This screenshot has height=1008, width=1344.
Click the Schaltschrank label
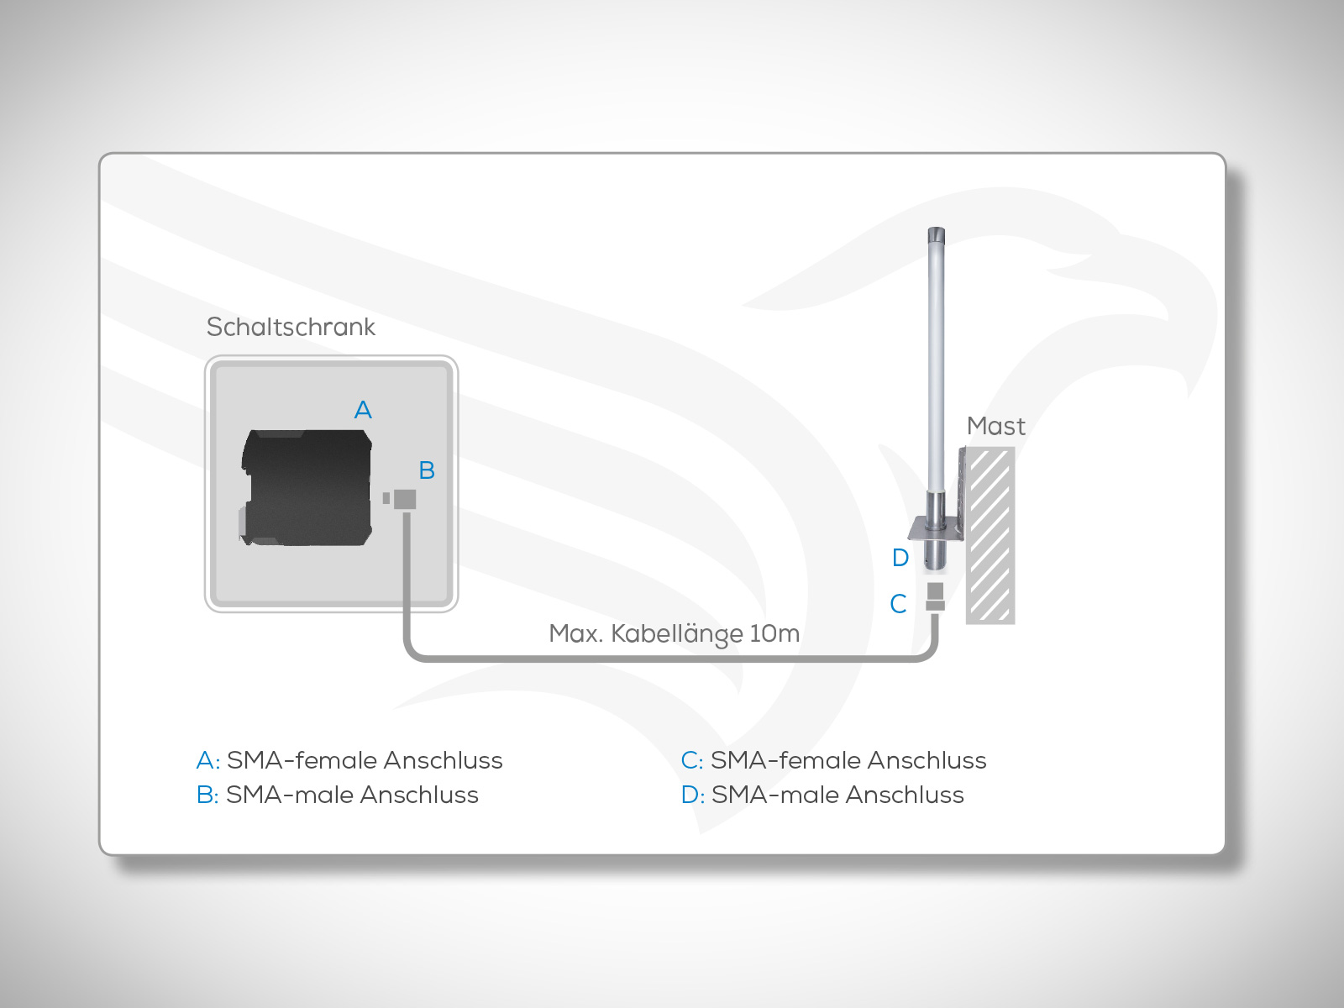[291, 327]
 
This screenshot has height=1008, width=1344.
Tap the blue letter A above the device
[363, 410]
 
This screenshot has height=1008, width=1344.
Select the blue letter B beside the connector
[427, 470]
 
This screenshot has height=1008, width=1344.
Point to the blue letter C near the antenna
[898, 604]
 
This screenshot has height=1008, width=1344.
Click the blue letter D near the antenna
[900, 558]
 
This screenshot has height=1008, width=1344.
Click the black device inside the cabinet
[307, 488]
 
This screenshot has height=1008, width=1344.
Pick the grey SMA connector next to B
[404, 499]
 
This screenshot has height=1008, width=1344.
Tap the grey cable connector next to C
[935, 597]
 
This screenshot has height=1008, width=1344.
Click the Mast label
[995, 427]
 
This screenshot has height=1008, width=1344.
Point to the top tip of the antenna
[936, 232]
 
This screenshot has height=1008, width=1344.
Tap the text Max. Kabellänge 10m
[674, 633]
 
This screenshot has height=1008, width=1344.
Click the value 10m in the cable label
[774, 633]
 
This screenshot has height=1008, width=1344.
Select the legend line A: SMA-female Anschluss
[349, 760]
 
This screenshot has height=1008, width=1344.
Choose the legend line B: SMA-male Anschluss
[338, 795]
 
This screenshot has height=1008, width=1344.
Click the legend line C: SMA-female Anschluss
[833, 760]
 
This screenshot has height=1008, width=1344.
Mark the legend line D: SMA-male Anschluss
[822, 795]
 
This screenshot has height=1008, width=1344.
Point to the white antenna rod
[936, 361]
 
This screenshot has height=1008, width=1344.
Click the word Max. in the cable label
[575, 633]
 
